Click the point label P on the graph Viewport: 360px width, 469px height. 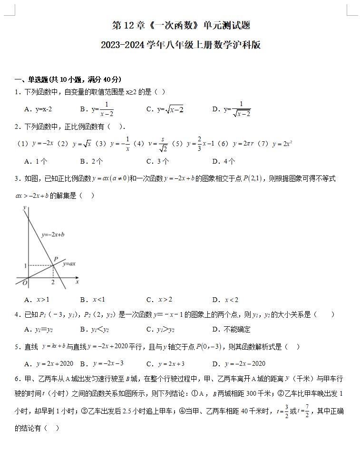click(56, 259)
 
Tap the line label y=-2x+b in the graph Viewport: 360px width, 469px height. click(53, 234)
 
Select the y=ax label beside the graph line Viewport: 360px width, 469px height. click(69, 264)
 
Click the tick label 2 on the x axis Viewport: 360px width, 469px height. click(53, 283)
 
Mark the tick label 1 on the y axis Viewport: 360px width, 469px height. click(25, 265)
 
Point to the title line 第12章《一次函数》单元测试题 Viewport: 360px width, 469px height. click(181, 25)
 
